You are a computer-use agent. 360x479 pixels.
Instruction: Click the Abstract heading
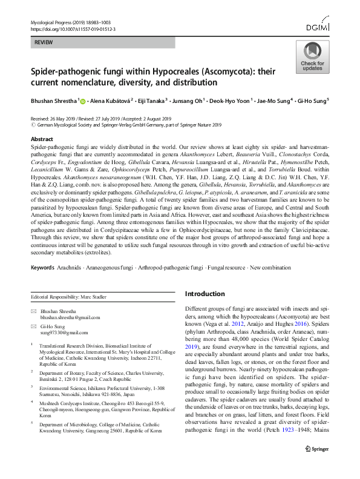tap(42, 139)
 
